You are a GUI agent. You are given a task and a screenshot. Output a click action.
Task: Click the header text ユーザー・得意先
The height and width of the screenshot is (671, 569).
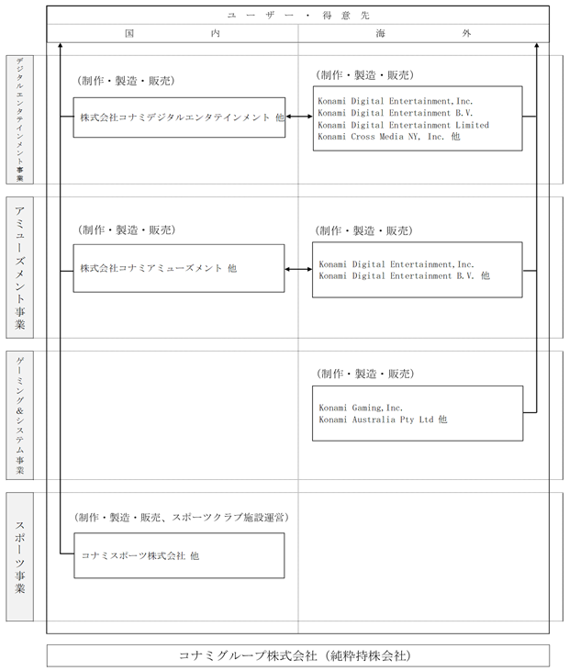point(298,16)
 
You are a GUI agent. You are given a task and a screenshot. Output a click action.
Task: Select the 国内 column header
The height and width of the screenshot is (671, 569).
point(173,33)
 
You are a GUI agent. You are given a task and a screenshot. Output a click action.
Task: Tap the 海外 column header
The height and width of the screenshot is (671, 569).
point(424,33)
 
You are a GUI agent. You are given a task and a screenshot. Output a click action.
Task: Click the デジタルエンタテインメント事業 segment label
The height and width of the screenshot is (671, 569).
point(19,120)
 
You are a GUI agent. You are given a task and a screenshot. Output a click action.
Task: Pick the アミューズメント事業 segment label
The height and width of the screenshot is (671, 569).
point(19,267)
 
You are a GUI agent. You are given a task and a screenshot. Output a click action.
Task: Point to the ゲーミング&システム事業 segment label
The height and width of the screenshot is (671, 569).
point(19,415)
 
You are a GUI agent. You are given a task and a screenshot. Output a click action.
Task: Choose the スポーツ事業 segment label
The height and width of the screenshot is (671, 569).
point(19,556)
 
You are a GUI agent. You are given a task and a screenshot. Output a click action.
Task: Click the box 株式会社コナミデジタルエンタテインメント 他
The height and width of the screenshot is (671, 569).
point(179,117)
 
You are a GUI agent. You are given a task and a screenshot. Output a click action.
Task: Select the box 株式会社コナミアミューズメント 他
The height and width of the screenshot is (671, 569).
point(179,268)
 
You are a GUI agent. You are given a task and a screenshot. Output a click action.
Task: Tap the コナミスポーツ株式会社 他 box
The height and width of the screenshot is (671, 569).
point(179,555)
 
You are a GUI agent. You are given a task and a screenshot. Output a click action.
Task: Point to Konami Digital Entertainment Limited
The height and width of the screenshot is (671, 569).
point(404,125)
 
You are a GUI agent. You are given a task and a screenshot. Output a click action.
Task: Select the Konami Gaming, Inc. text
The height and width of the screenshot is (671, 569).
point(361,408)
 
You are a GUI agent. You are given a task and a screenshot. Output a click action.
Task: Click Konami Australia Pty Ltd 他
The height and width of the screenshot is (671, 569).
point(383,419)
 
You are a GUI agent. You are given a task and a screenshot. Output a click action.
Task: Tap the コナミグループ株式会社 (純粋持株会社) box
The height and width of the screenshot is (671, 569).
point(298,655)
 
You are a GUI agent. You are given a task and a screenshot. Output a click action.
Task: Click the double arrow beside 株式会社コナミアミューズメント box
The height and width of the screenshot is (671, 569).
point(298,269)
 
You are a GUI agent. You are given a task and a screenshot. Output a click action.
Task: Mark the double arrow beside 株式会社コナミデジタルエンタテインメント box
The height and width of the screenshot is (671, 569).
point(299,117)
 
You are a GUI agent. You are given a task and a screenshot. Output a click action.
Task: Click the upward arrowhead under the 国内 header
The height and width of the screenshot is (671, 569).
point(60,44)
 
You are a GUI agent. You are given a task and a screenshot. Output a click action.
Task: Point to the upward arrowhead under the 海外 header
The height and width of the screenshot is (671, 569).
point(537,44)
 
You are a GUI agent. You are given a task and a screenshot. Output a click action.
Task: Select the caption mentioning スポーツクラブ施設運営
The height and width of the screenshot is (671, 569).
point(182,518)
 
